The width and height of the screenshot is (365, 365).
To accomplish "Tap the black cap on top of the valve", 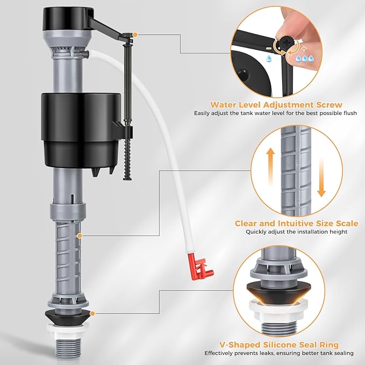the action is (69, 19).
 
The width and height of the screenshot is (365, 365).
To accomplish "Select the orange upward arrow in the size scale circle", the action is (270, 167).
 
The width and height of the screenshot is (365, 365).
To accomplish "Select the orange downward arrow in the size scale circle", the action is (321, 178).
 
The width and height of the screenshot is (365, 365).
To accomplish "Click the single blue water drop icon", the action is (269, 59).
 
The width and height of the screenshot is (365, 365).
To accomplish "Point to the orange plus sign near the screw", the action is (304, 49).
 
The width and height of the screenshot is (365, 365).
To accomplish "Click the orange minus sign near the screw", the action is (269, 48).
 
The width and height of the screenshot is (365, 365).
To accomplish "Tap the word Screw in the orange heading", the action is (329, 105).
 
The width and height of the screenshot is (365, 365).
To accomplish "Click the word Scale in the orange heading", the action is (347, 223).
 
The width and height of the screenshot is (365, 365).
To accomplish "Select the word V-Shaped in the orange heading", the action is (240, 345).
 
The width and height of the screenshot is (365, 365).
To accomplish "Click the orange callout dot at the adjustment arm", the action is (135, 35).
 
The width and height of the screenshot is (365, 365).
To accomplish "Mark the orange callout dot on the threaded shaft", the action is (80, 236).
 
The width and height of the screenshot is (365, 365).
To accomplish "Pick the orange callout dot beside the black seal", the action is (92, 313).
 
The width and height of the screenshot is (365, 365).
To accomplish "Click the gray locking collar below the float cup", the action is (67, 211).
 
